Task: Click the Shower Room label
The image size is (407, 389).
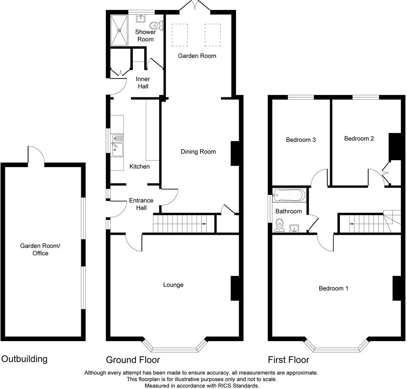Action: (145, 36)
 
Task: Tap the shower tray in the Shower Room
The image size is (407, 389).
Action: (120, 30)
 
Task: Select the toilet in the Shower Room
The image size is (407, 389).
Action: (155, 25)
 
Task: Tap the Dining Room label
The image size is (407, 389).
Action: (198, 152)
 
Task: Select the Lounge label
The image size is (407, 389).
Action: (173, 285)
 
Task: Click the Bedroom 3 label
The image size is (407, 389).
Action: (301, 139)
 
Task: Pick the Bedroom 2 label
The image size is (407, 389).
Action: (359, 138)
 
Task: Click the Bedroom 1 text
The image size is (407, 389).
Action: (333, 288)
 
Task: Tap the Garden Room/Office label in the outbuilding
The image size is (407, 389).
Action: (40, 250)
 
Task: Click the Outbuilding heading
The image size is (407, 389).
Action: (25, 359)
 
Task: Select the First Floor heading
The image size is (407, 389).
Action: (289, 359)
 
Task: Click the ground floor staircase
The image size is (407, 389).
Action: (180, 223)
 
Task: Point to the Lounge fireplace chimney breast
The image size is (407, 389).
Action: (235, 289)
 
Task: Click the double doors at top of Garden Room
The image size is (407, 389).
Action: (194, 5)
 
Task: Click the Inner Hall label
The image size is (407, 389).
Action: (143, 82)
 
